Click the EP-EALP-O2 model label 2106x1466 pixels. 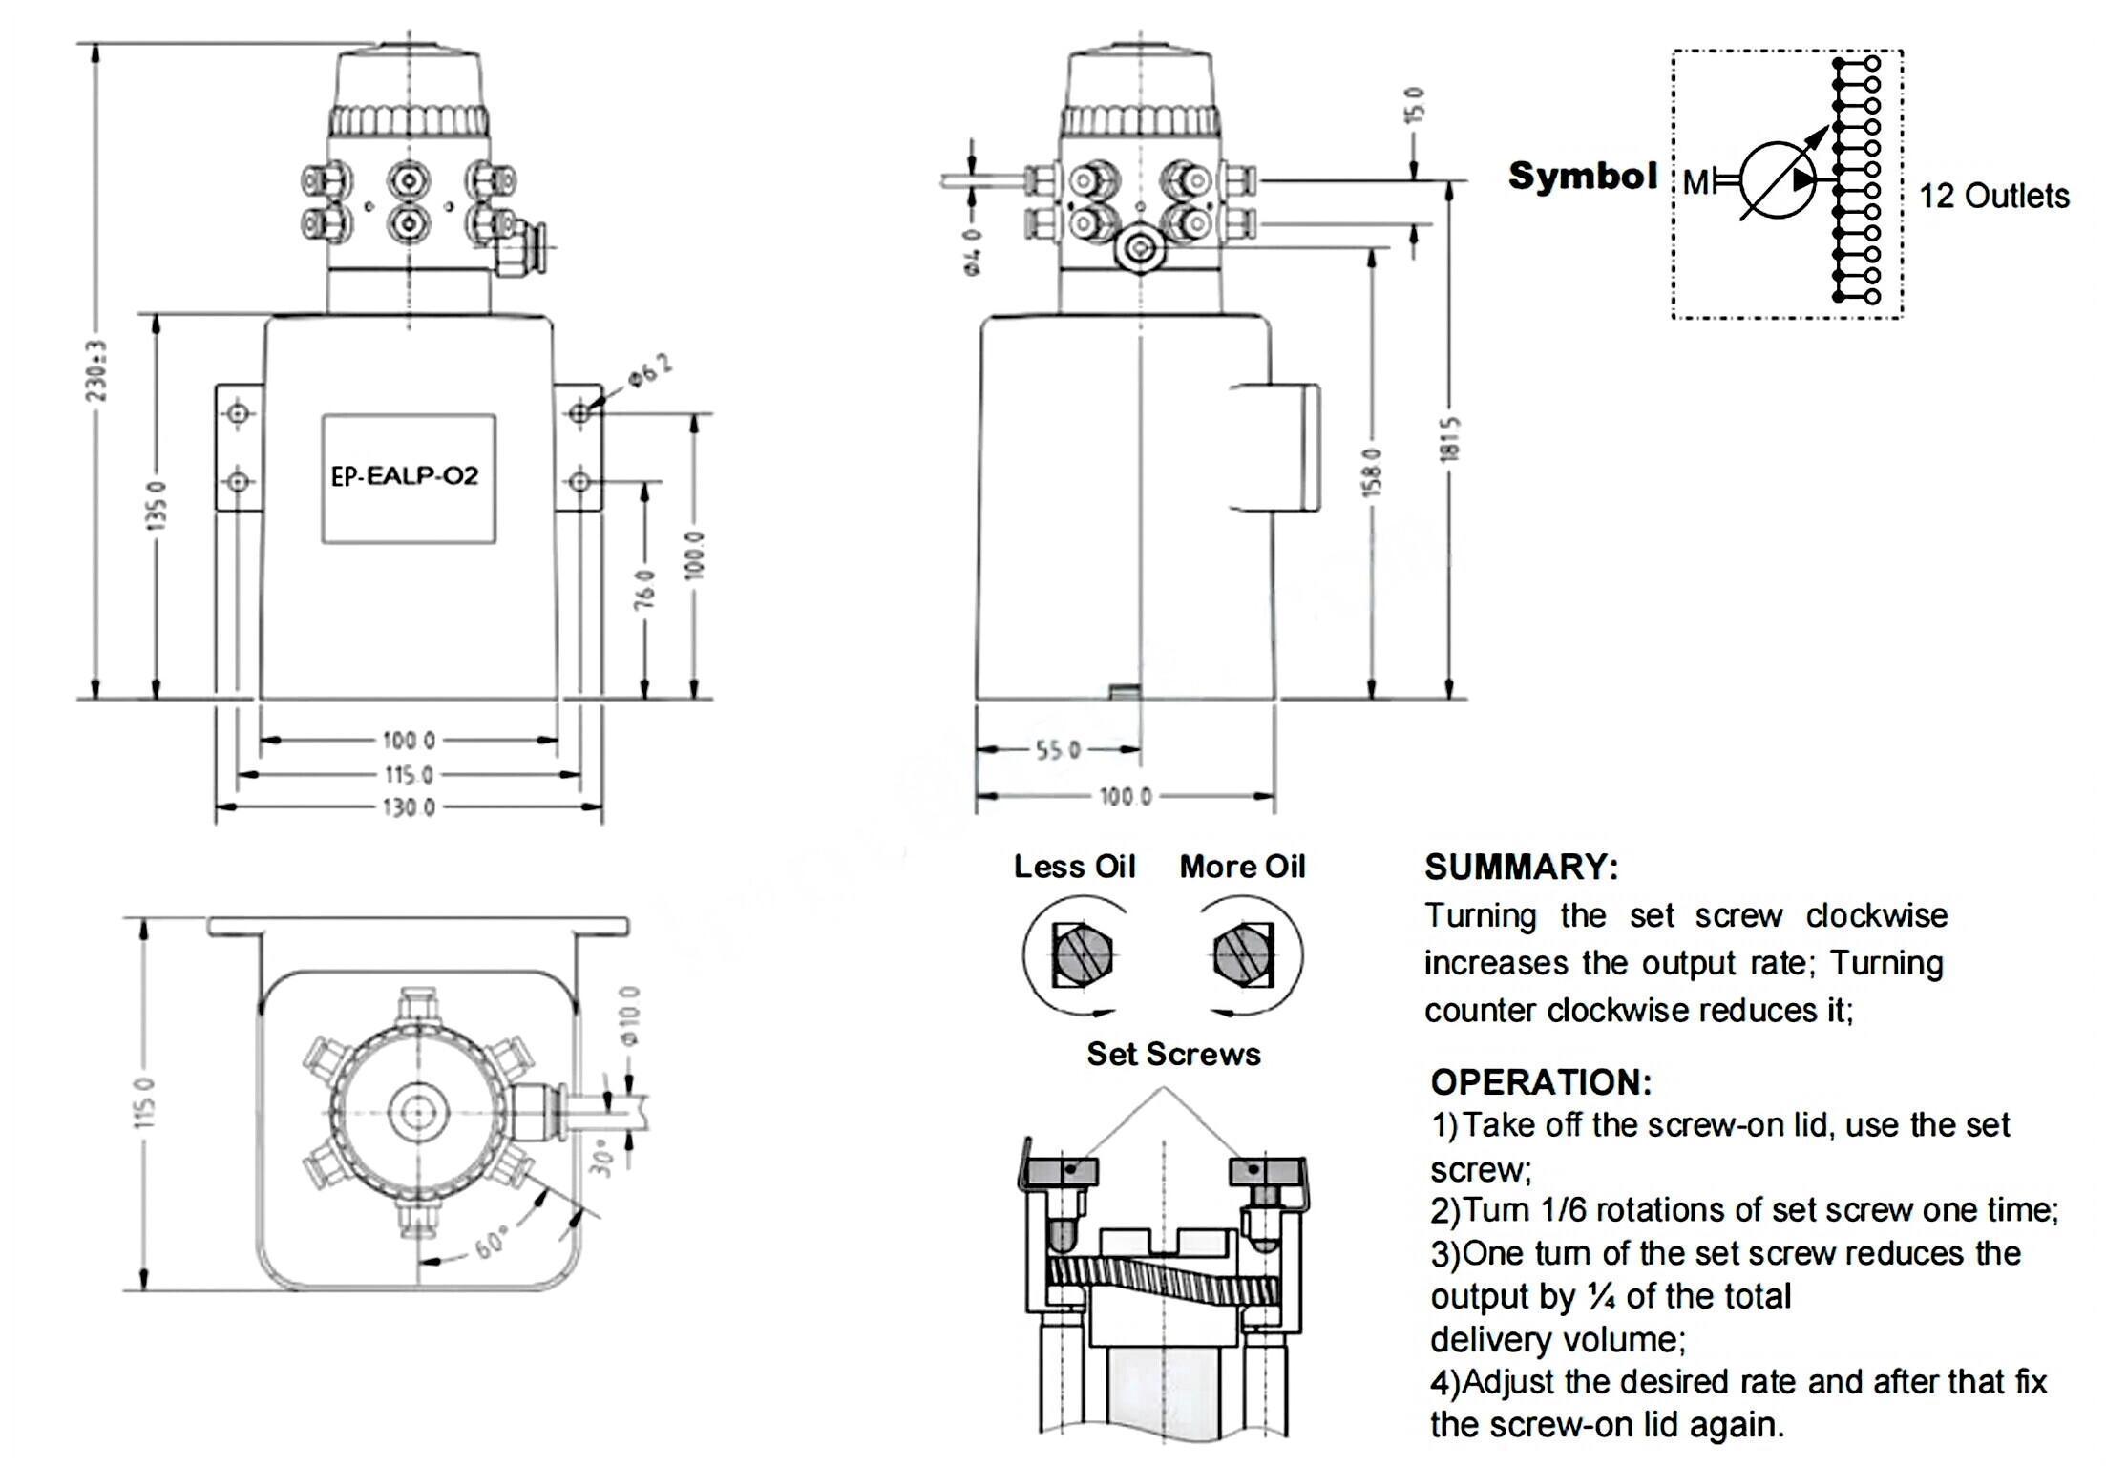coord(405,475)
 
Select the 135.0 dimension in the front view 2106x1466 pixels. coord(158,505)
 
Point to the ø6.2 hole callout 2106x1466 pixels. coord(650,369)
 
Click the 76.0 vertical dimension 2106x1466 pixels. coord(646,589)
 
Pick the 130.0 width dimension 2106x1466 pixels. coord(409,808)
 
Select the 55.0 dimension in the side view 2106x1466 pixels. coord(1058,750)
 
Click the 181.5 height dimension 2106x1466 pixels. coord(1450,439)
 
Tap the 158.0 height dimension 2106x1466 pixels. coord(1372,472)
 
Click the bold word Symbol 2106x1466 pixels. coord(1583,177)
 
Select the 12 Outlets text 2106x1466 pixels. coord(1993,196)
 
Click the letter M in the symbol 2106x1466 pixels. coord(1695,182)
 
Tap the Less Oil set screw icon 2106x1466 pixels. coord(1082,954)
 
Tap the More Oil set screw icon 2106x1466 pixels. coord(1243,954)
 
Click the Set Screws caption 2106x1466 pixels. coord(1173,1054)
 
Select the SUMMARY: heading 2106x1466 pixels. coord(1522,867)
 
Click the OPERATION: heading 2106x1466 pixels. coord(1541,1082)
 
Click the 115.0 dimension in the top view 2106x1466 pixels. coord(144,1102)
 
